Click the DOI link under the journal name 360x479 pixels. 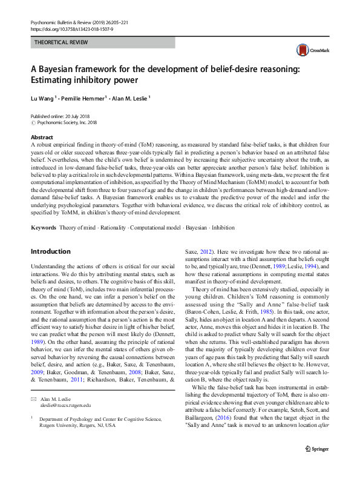[65, 27]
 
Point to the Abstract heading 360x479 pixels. [41, 137]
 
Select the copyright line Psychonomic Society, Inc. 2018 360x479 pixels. [68, 122]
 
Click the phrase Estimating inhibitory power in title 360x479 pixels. [84, 79]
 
